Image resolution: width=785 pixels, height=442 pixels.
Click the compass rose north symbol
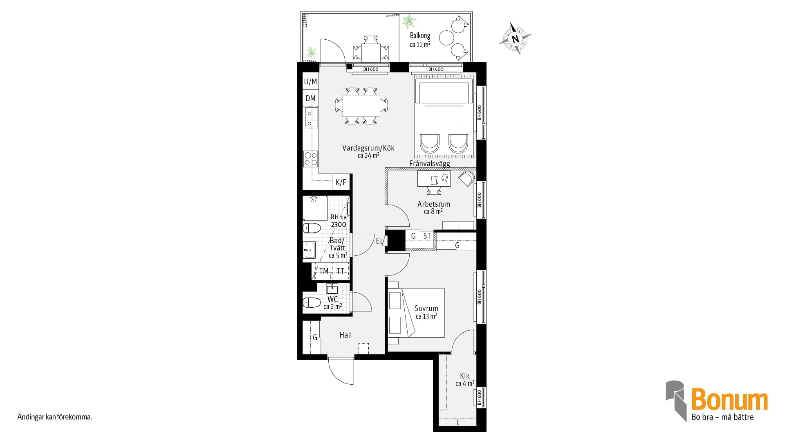[515, 39]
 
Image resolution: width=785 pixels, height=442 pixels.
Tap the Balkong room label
[420, 36]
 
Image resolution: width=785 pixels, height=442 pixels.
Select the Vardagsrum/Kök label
[368, 148]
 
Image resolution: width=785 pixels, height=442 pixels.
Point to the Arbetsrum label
[433, 204]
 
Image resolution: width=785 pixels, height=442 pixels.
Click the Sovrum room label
[426, 308]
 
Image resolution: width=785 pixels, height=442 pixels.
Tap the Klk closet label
[464, 376]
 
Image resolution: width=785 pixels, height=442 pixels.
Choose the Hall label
[345, 335]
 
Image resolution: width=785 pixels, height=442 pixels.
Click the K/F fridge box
[341, 182]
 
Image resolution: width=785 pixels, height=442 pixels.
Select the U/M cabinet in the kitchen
[310, 82]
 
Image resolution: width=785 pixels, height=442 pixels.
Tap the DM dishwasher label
[310, 98]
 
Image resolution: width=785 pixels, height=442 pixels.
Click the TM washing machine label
[324, 271]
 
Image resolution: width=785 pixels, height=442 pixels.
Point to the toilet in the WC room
[312, 302]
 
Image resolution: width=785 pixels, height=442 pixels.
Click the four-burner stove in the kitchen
[310, 159]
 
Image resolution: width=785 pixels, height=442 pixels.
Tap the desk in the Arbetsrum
[434, 179]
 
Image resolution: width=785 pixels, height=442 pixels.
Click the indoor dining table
[361, 106]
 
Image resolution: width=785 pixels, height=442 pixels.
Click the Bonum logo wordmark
[729, 401]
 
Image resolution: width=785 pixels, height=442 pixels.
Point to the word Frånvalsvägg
[429, 164]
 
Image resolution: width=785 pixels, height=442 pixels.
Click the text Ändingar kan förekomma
[55, 417]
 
